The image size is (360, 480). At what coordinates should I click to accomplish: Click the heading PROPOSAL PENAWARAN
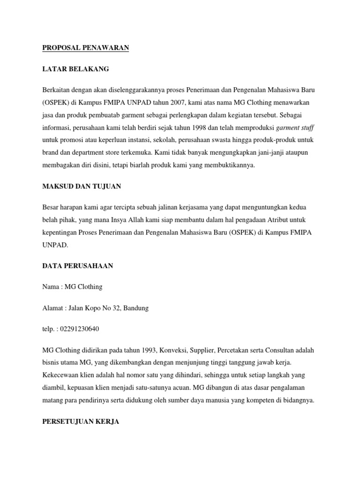click(86, 47)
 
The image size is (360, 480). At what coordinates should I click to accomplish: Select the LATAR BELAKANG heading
click(75, 69)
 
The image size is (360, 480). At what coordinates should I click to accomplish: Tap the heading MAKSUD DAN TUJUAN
click(82, 186)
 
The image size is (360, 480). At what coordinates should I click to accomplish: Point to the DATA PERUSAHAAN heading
click(78, 266)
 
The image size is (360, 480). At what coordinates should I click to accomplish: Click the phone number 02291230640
click(81, 329)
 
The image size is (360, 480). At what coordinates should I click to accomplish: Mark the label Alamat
click(52, 308)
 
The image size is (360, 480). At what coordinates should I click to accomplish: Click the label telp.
click(49, 329)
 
